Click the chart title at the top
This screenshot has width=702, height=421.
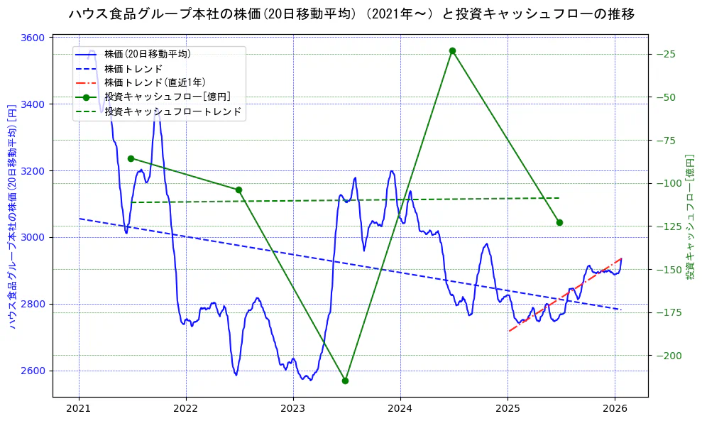point(351,13)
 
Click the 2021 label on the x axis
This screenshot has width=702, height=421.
point(78,409)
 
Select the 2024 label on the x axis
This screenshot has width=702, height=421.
point(400,409)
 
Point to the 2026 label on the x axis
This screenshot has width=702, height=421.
point(615,409)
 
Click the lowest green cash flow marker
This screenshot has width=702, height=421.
point(345,381)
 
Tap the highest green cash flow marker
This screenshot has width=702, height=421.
point(452,50)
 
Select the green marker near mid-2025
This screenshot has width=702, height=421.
point(559,222)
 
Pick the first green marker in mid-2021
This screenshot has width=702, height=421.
point(131,158)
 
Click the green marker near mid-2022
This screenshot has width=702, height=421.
point(238,190)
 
